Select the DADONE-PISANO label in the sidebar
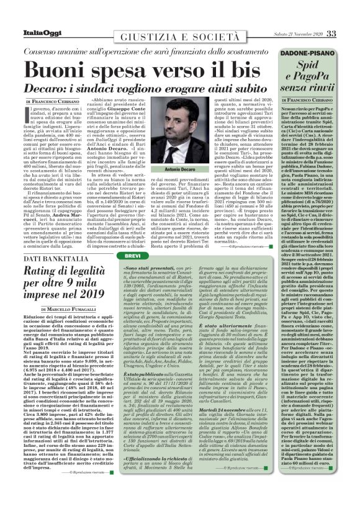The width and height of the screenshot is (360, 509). [x=312, y=55]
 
